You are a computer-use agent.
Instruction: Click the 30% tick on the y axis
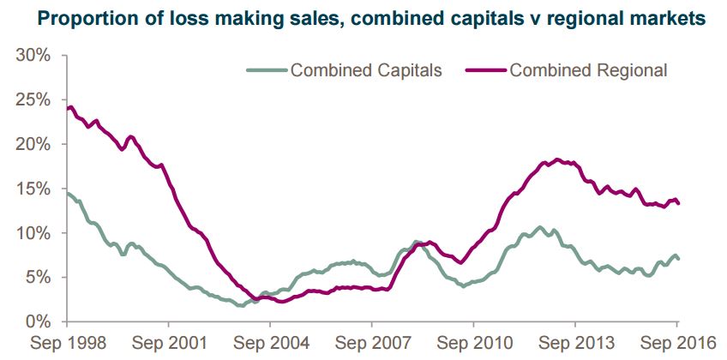point(33,56)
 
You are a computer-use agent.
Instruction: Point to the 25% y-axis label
point(33,100)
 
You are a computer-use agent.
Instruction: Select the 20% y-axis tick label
point(33,145)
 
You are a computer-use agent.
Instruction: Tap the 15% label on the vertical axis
point(33,189)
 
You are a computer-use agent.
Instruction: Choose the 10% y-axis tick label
point(33,233)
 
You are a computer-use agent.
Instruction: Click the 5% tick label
point(39,278)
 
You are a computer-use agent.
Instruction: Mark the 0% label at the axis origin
point(39,322)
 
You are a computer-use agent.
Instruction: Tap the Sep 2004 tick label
point(270,344)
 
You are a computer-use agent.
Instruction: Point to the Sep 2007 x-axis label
point(371,344)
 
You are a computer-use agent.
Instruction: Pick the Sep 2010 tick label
point(473,344)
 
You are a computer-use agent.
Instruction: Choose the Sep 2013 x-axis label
point(575,344)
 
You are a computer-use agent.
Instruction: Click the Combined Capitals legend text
point(366,70)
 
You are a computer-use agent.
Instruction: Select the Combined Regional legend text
point(588,70)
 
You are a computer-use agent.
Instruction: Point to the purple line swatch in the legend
point(485,70)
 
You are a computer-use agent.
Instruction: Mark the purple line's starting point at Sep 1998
point(67,109)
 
